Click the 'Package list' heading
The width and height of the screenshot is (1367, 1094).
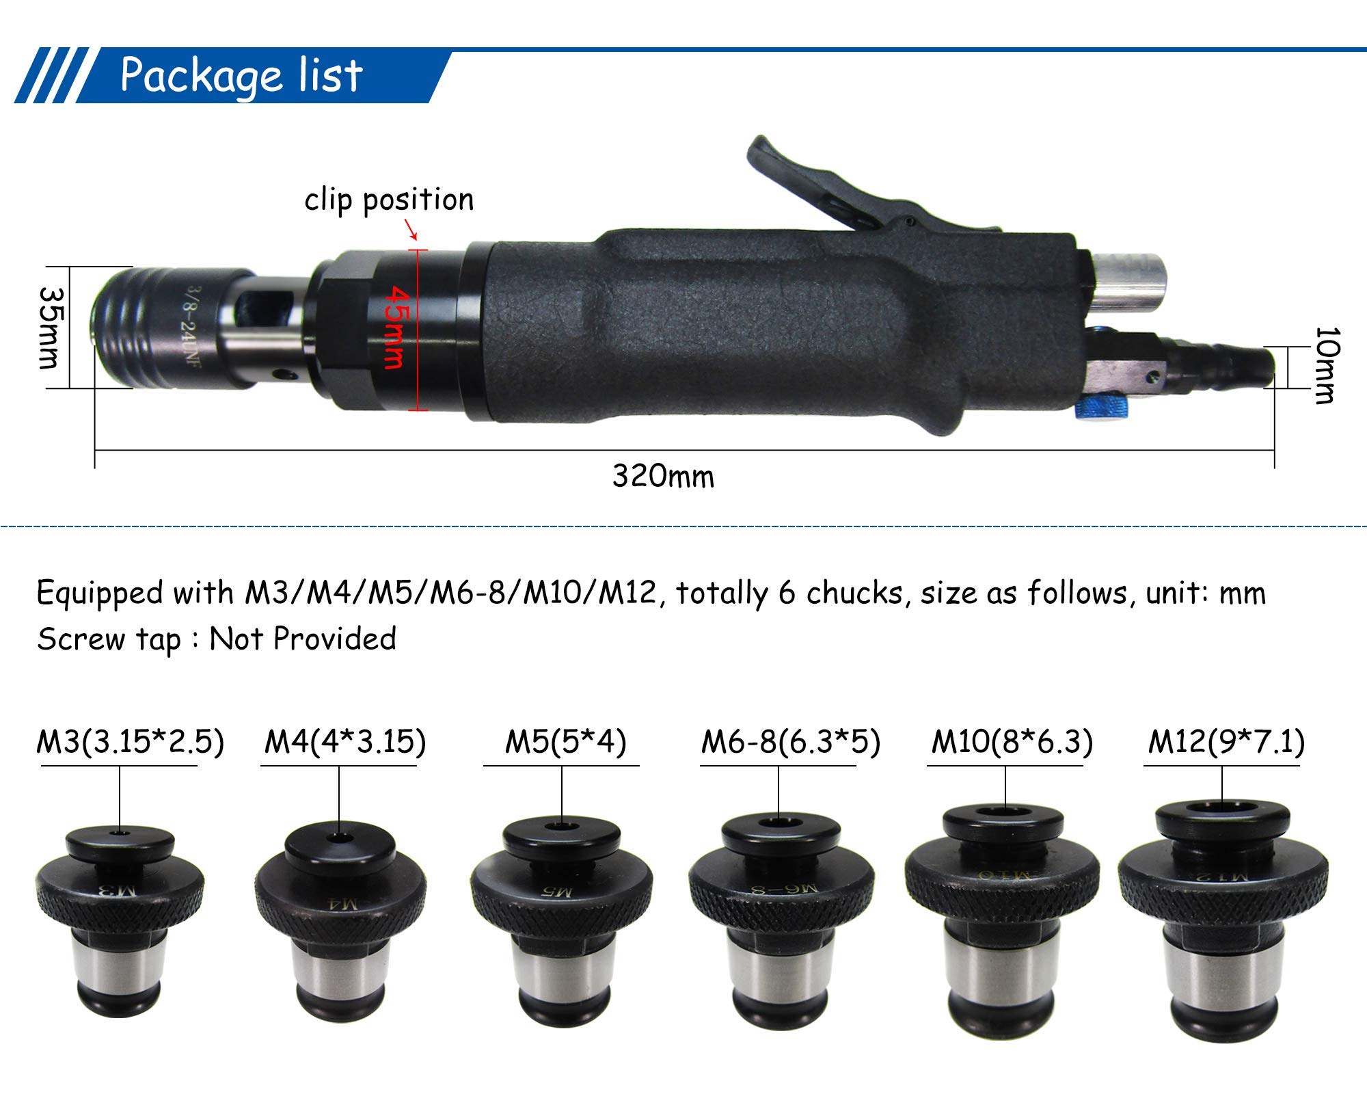coord(241,76)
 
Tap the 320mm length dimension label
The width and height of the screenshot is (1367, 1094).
coord(663,477)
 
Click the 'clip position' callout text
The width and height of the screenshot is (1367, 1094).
coord(389,200)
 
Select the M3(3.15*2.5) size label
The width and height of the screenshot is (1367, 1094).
coord(130,742)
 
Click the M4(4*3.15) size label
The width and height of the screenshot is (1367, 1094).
coord(345,742)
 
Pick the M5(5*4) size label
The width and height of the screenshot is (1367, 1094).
coord(565,742)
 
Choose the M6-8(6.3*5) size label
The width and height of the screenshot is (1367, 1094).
coord(790,742)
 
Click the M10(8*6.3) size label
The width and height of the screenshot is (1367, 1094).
coord(1012,742)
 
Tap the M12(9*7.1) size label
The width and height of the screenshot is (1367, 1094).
coord(1226,742)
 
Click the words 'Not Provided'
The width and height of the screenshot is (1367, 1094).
coord(303,639)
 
